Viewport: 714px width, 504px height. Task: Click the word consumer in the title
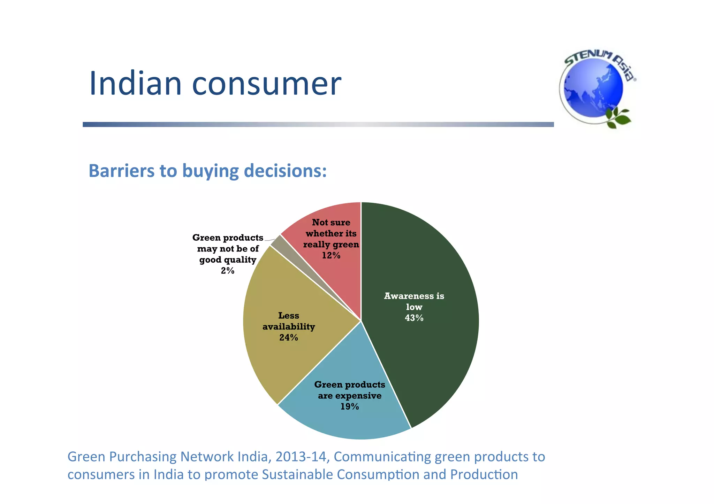pyautogui.click(x=266, y=84)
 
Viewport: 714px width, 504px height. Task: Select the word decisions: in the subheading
pyautogui.click(x=285, y=171)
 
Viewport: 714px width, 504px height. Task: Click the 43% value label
pyautogui.click(x=414, y=318)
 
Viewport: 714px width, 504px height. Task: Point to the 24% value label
pyautogui.click(x=288, y=338)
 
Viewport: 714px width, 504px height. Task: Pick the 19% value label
pyautogui.click(x=349, y=406)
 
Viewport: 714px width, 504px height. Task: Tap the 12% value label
pyautogui.click(x=331, y=256)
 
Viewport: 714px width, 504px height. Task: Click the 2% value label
pyautogui.click(x=227, y=271)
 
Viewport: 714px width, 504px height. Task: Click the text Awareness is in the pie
pyautogui.click(x=414, y=296)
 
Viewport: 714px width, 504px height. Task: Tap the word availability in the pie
pyautogui.click(x=288, y=327)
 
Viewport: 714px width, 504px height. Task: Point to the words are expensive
pyautogui.click(x=349, y=396)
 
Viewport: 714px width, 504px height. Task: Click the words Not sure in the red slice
pyautogui.click(x=331, y=223)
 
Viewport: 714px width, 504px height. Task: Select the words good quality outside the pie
pyautogui.click(x=227, y=260)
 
